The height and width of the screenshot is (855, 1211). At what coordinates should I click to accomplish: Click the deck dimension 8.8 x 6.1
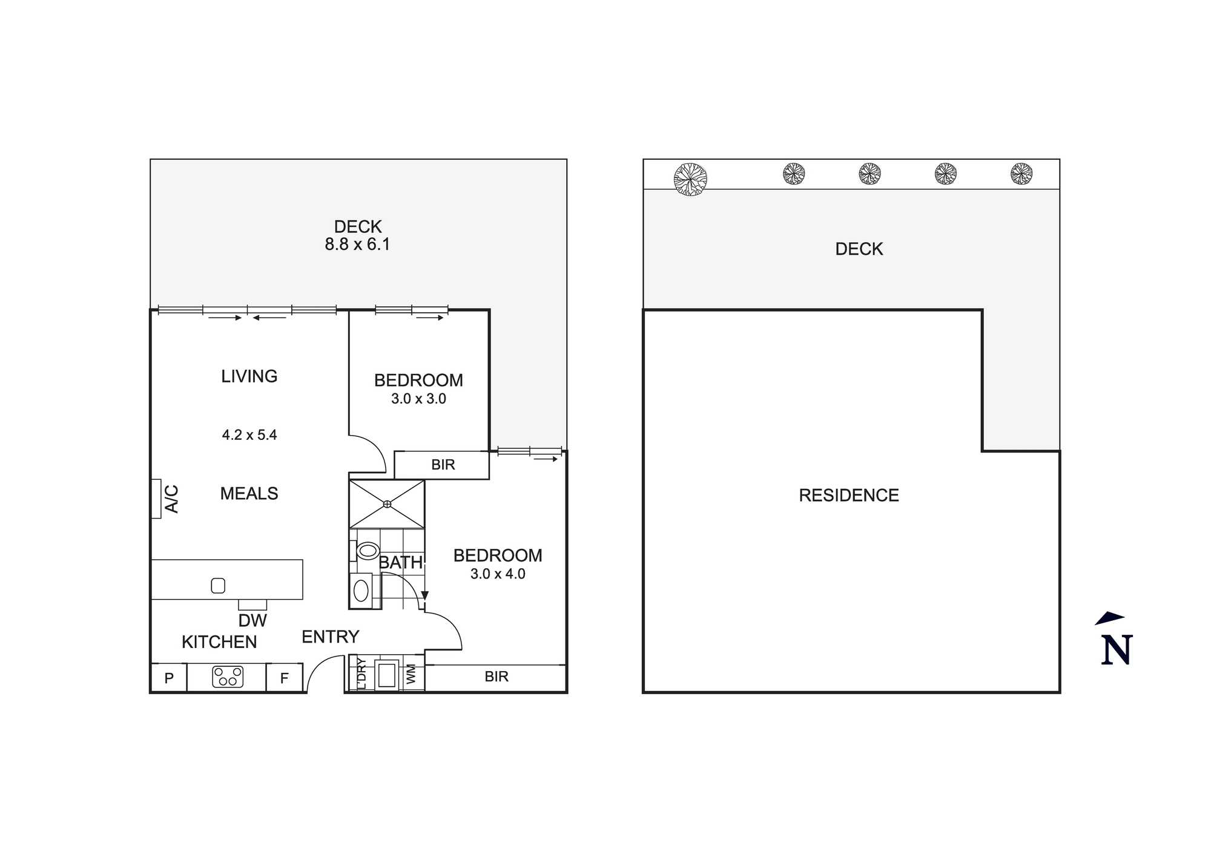coord(357,244)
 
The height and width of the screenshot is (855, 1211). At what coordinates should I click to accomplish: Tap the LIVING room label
coord(249,376)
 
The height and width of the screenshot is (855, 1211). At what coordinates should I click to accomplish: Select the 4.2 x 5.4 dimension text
coord(249,435)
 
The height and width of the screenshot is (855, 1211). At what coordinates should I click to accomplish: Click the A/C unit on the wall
coord(156,499)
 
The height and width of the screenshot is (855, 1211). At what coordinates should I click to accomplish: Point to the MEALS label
coord(249,494)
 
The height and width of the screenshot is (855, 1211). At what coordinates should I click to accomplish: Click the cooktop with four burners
coord(228,676)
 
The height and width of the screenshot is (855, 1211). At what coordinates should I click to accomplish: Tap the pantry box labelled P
coord(169,678)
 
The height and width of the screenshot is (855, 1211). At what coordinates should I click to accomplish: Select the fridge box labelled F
coord(284,678)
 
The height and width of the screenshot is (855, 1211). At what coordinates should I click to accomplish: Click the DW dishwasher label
coord(252,620)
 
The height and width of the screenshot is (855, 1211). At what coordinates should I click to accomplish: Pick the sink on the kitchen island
coord(218,585)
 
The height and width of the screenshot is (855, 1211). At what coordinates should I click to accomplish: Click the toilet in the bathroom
coord(366,551)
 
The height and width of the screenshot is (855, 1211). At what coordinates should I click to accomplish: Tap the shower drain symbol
coord(387,504)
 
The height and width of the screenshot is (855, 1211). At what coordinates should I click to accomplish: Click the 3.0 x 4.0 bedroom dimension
coord(498,574)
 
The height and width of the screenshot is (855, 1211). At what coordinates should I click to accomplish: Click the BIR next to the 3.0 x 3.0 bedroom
coord(443,465)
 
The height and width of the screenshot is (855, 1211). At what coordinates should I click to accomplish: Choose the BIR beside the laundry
coord(496,676)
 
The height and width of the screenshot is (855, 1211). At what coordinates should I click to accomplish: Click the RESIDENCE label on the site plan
coord(848,496)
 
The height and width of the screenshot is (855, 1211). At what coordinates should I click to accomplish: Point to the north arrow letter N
coord(1116,650)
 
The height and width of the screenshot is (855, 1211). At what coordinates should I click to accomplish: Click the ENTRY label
coord(330,637)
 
